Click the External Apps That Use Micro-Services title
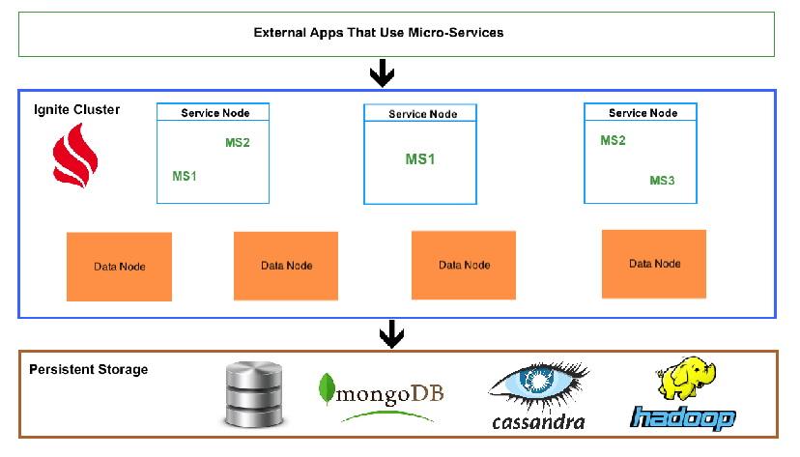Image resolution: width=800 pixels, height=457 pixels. pyautogui.click(x=378, y=32)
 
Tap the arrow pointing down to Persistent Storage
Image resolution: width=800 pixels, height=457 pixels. pyautogui.click(x=390, y=333)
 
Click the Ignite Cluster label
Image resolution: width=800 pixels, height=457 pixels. pyautogui.click(x=75, y=109)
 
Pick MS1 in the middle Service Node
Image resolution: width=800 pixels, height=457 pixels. pyautogui.click(x=420, y=158)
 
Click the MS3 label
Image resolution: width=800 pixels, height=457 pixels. pyautogui.click(x=662, y=181)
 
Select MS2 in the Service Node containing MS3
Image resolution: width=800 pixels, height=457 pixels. pyautogui.click(x=613, y=140)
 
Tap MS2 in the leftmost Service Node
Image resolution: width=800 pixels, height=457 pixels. pyautogui.click(x=238, y=143)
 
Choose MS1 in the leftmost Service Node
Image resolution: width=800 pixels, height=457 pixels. pyautogui.click(x=185, y=176)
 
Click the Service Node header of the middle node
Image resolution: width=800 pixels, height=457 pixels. pyautogui.click(x=422, y=114)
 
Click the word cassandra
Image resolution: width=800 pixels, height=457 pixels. pyautogui.click(x=538, y=422)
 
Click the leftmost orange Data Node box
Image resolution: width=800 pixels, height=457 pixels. pyautogui.click(x=119, y=267)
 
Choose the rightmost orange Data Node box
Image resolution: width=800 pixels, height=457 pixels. pyautogui.click(x=654, y=263)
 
